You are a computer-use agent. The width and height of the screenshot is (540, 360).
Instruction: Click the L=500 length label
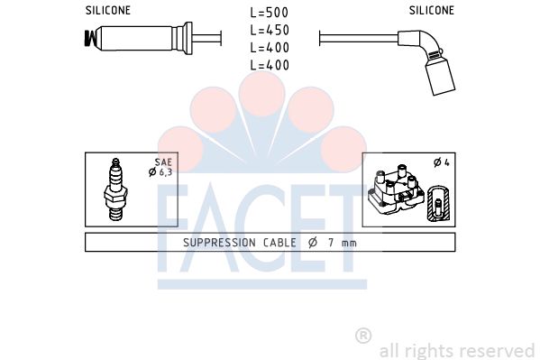(x=270, y=13)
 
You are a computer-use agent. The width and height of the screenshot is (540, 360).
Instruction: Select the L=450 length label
(x=270, y=31)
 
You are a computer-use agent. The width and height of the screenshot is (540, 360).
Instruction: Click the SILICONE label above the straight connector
(x=108, y=11)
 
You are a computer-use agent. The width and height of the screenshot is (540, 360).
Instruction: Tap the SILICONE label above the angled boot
(x=432, y=11)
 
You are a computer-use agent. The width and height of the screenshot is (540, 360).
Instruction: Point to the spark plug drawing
(x=115, y=189)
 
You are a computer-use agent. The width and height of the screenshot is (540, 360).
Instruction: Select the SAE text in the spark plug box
(x=163, y=162)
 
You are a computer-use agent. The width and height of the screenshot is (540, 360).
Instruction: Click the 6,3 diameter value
(x=165, y=171)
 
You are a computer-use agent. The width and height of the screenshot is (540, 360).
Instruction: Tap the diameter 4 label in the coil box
(x=442, y=162)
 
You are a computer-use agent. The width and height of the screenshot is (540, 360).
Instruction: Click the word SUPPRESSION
(x=219, y=243)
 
